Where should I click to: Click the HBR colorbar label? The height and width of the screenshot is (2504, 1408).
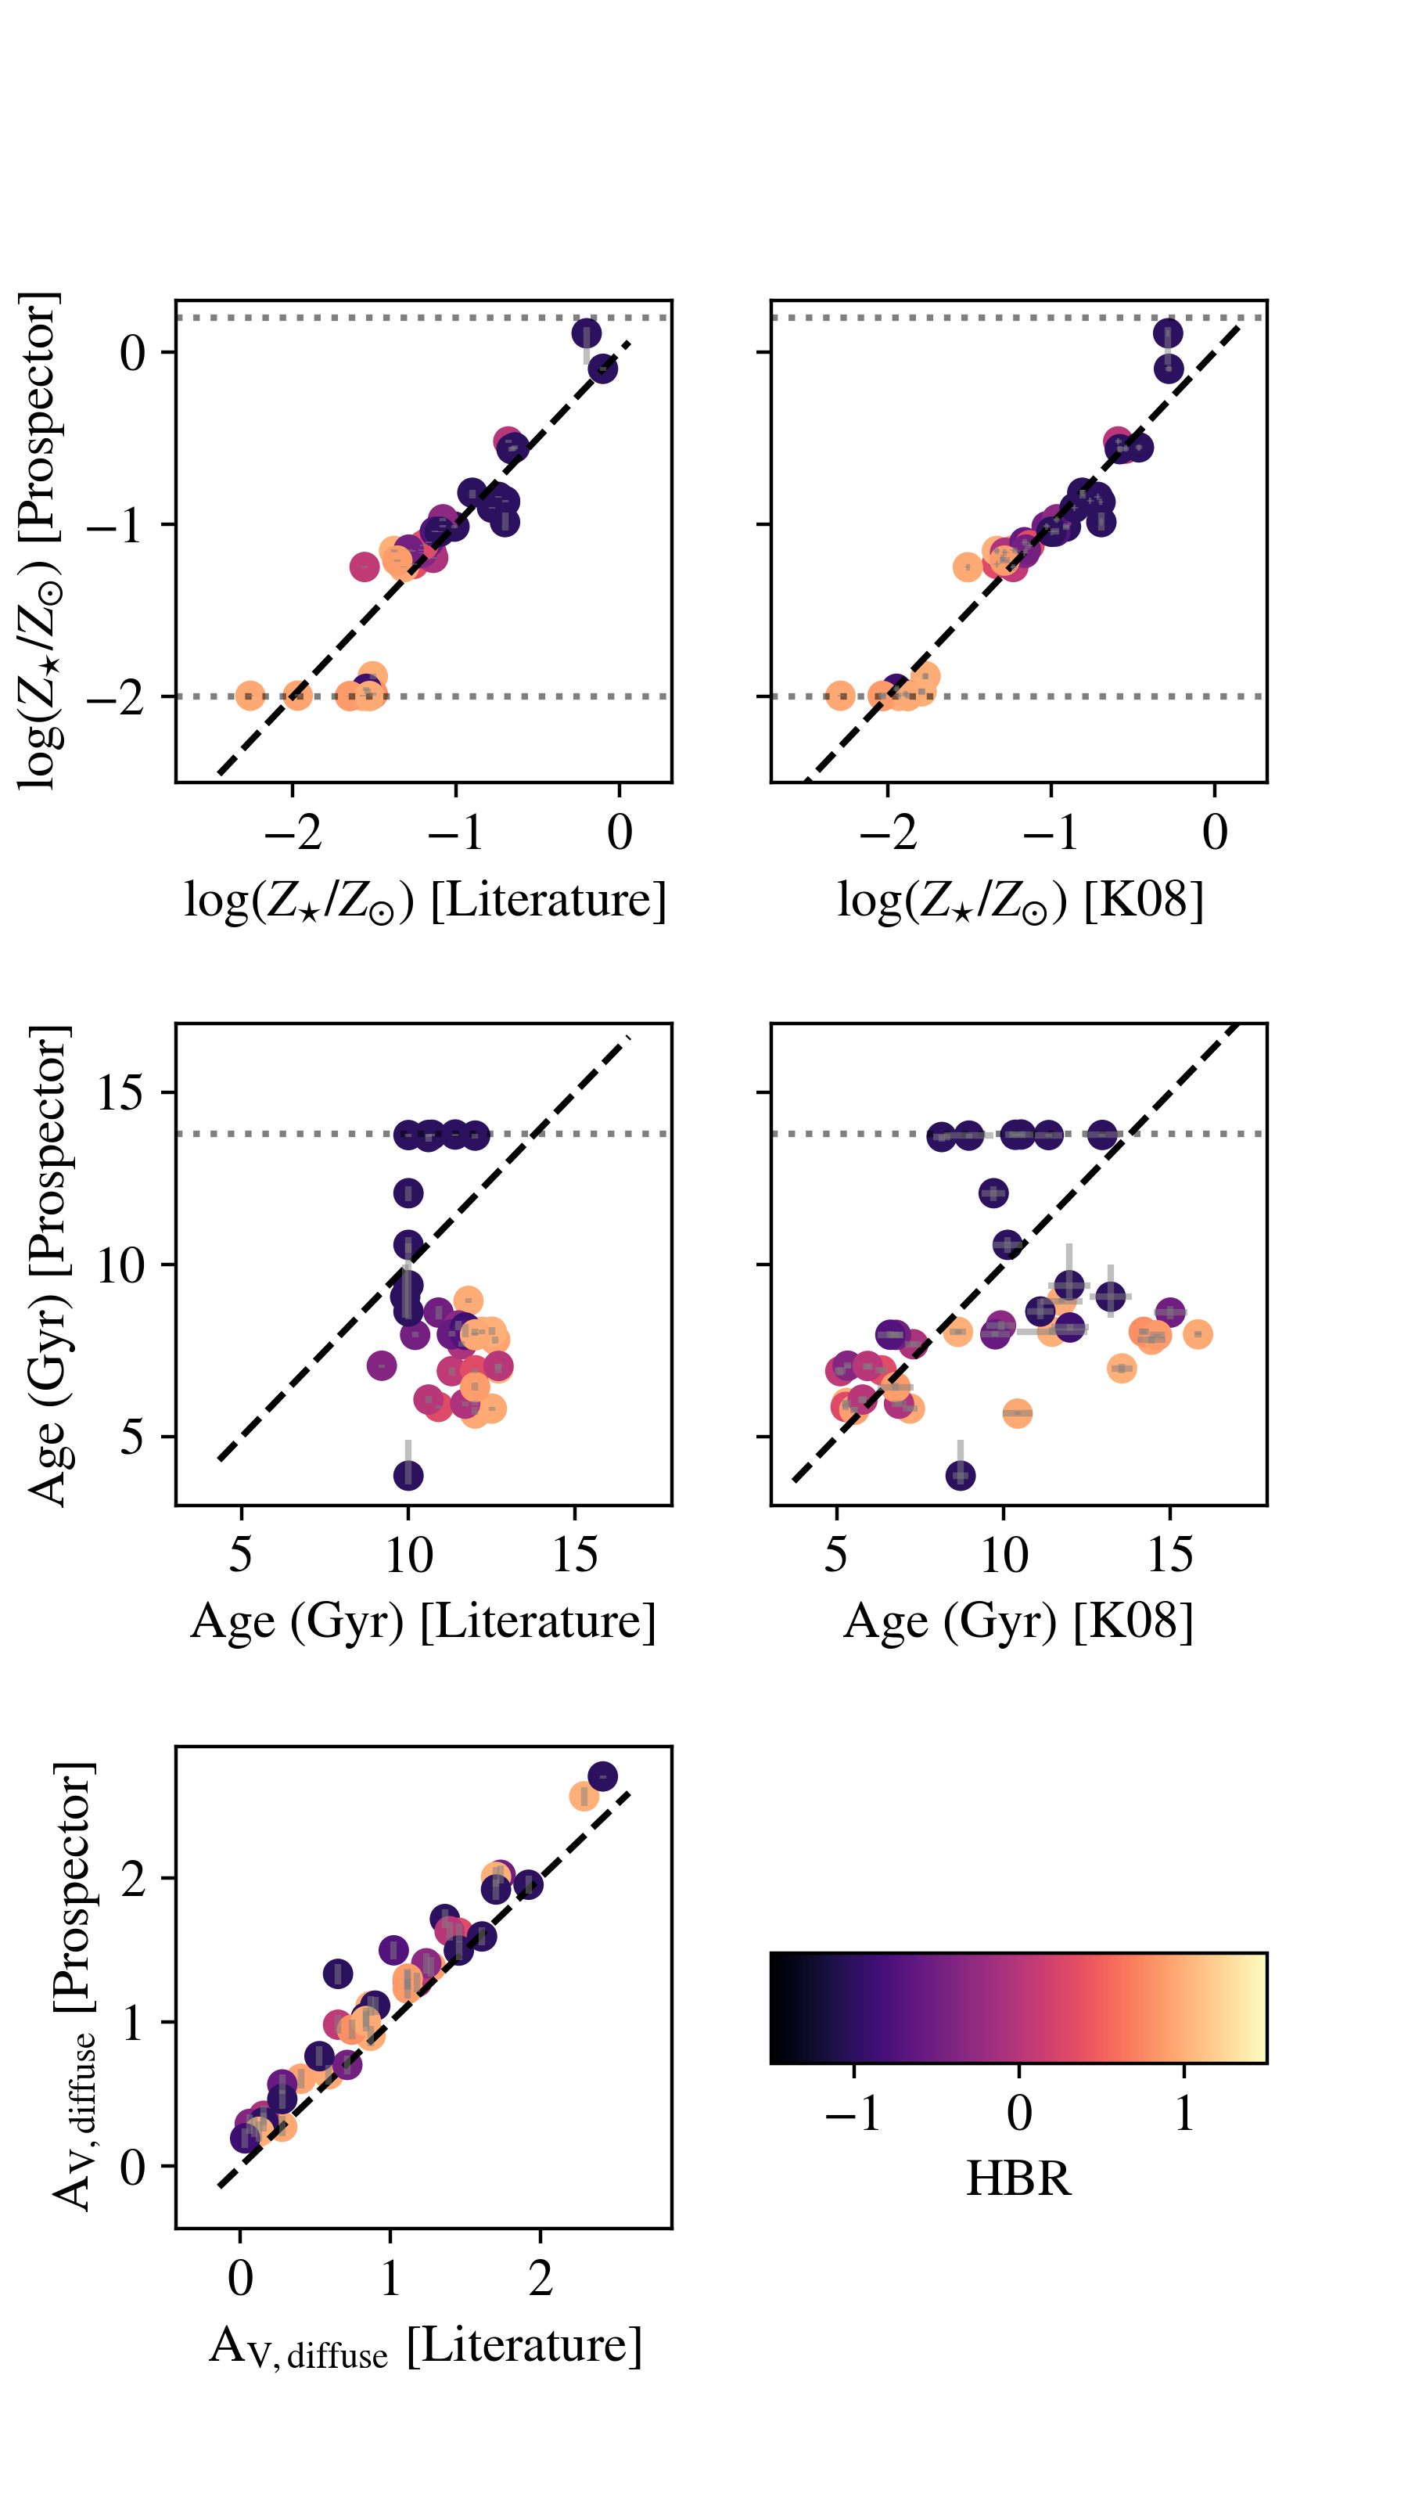(x=1018, y=2178)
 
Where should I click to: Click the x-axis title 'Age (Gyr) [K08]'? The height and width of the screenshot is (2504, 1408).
(x=1018, y=1621)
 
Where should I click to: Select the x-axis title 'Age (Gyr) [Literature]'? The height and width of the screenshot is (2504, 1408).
(x=422, y=1621)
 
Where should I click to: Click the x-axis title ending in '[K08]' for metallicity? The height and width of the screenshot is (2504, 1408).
(x=1020, y=899)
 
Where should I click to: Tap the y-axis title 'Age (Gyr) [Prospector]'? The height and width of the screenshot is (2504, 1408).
(x=47, y=1264)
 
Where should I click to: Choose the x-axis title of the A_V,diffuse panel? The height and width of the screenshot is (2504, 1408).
(x=425, y=2346)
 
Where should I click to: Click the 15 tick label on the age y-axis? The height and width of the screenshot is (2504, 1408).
(x=120, y=1092)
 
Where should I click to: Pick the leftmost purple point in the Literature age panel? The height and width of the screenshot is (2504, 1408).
(x=382, y=1365)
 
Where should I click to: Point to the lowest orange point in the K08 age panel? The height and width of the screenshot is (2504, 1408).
(x=1016, y=1413)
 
